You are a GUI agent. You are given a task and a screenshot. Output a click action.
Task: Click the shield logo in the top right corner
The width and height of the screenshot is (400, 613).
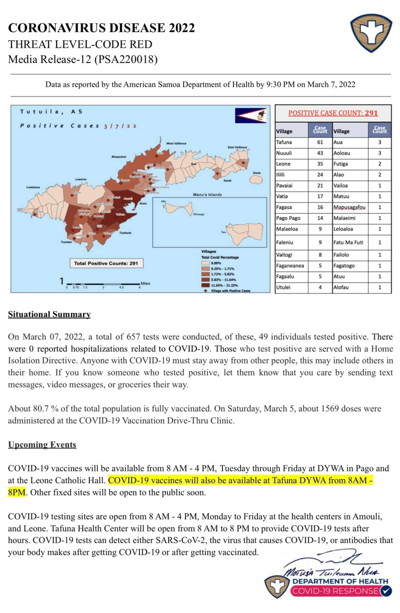coord(371,33)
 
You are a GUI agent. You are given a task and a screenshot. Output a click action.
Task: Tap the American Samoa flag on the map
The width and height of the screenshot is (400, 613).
coord(251,115)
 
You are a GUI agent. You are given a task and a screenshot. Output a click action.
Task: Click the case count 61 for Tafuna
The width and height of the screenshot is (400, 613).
coord(320,142)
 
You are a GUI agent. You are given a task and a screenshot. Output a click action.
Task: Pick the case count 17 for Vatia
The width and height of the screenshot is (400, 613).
coord(320,196)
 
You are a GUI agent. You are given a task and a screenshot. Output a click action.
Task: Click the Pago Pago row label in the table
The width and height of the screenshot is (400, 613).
coord(288,218)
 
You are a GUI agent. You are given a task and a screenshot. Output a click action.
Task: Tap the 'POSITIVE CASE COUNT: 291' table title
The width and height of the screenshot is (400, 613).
coord(333,113)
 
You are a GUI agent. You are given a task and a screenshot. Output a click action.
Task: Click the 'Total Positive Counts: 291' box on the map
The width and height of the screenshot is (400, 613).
coord(106,263)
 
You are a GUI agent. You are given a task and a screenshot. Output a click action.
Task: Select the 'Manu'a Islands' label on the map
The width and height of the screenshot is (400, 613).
coord(207,195)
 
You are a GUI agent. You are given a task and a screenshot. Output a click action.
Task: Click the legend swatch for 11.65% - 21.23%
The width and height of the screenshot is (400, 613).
coord(205,285)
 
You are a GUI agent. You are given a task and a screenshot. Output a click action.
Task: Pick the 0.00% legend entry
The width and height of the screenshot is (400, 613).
coord(216,263)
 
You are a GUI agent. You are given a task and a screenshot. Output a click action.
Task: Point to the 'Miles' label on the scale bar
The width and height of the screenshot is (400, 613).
coord(145,283)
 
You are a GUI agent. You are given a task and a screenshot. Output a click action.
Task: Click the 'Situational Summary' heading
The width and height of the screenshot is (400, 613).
coord(49,314)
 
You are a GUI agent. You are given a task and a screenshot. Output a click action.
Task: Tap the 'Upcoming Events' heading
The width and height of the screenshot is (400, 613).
coord(42,445)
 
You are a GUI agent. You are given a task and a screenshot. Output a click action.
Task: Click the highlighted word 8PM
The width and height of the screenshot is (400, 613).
coord(17,492)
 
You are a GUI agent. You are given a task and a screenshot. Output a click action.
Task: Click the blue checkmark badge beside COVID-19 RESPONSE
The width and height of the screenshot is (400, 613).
coord(386,591)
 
